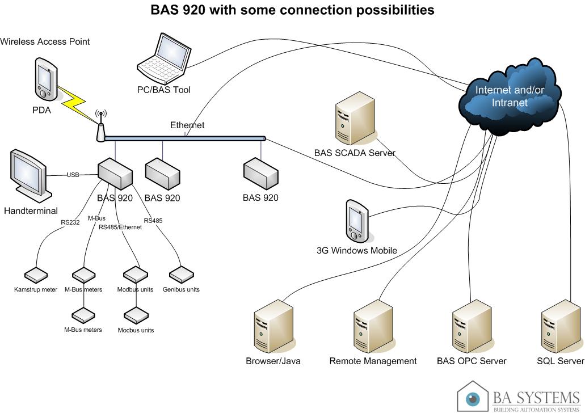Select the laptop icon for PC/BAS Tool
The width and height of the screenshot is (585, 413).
165,59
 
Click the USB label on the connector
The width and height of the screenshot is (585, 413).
73,175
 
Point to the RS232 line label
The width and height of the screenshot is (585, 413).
70,222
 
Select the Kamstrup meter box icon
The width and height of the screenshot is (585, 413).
36,275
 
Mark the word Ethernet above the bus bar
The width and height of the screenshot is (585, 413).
187,125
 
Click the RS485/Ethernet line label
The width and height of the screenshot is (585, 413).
120,227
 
